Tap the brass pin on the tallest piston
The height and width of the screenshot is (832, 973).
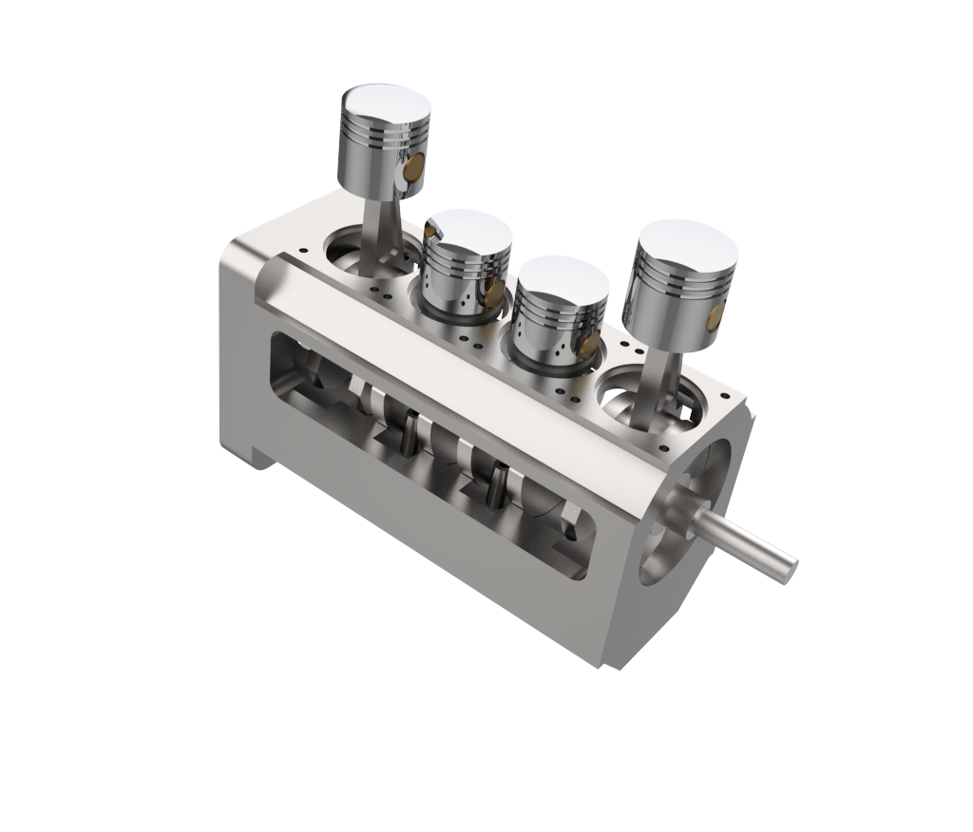click(413, 171)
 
